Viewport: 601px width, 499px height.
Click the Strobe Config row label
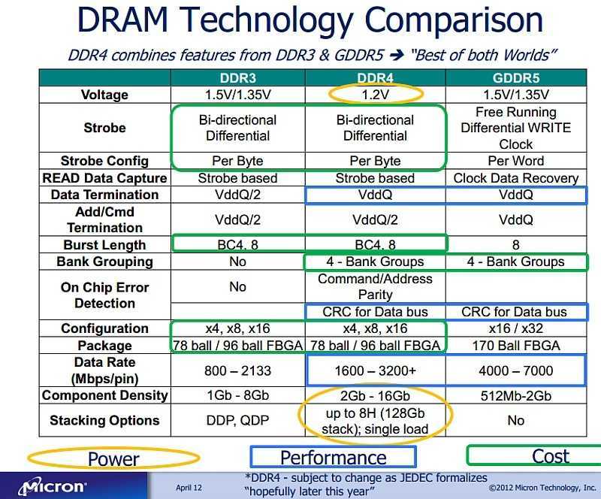pos(104,161)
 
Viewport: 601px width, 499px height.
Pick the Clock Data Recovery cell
pos(515,178)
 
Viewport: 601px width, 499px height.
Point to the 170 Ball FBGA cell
pos(515,346)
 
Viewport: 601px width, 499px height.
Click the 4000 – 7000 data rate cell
pos(515,370)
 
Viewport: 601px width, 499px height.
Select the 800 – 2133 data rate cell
pos(237,370)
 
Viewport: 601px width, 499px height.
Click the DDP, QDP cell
pos(237,420)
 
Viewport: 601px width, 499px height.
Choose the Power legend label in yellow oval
pos(113,458)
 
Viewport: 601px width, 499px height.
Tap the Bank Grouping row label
pos(104,262)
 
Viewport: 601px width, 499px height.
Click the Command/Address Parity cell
pos(375,286)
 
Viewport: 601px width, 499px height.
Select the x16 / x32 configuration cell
pos(515,328)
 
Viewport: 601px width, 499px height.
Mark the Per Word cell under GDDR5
pos(515,161)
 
